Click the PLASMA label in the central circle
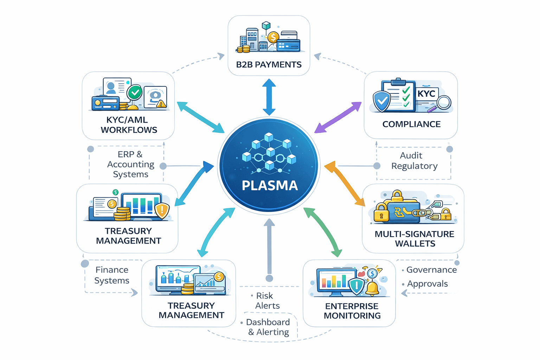coord(270,185)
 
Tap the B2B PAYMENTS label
coord(269,65)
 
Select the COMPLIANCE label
coord(411,124)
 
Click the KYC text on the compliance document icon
coord(426,94)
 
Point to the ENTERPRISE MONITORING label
coord(352,311)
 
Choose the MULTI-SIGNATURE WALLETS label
coord(414,239)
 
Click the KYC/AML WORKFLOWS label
coord(129,125)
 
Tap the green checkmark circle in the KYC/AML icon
coord(135,93)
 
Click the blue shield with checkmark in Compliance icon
coord(382,101)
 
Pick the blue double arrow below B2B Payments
coord(269,97)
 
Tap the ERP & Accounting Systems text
coord(130,164)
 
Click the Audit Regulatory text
coord(414,161)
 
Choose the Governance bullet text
coord(431,270)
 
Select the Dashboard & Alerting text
coord(268,327)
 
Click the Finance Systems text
coord(112,275)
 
